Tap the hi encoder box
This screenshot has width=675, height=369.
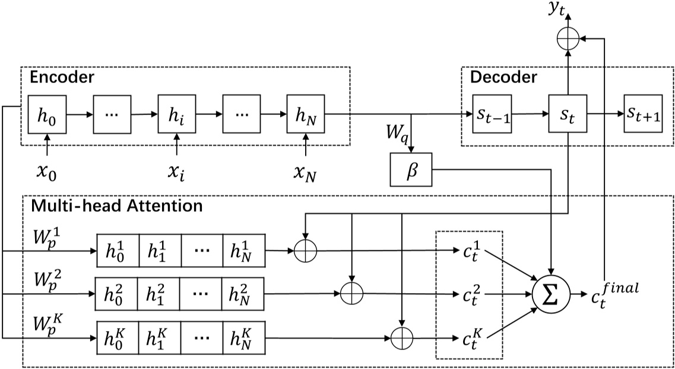pos(177,113)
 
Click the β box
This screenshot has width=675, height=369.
pos(411,170)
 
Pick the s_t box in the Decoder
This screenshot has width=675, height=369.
pos(568,113)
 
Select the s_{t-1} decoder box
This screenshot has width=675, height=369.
pos(492,113)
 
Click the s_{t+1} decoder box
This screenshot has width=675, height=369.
pos(643,113)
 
